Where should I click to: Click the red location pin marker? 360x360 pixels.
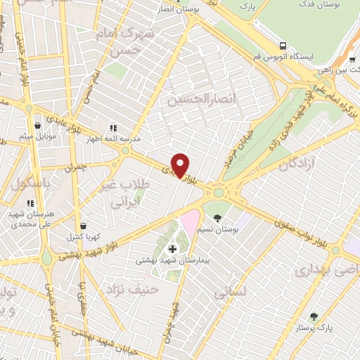pos(181,165)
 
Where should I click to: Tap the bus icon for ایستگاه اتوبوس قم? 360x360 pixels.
pos(283,45)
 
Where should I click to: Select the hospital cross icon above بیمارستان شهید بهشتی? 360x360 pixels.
pos(172,249)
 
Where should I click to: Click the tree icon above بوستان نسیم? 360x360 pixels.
pos(217,217)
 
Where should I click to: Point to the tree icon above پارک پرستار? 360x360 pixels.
pos(314,316)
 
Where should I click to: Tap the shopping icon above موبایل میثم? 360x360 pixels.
pos(37,125)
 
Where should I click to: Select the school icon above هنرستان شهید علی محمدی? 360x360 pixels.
pos(30,203)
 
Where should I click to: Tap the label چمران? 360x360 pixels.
pos(84,169)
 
